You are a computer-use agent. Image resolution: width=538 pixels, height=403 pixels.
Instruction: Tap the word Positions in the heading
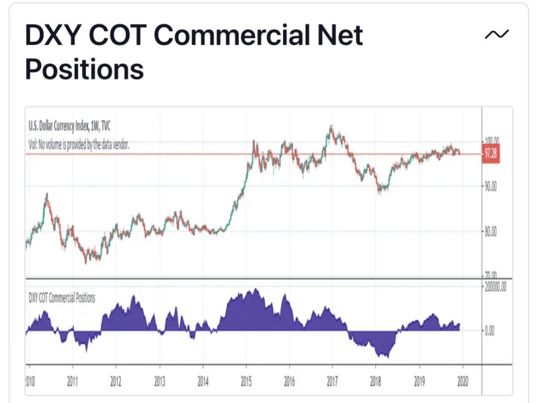[85, 69]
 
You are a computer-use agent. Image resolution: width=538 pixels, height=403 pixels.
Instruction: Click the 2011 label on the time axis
[72, 381]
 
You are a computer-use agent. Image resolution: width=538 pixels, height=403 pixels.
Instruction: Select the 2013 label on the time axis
[159, 381]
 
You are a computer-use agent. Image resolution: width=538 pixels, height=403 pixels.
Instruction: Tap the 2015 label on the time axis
[246, 381]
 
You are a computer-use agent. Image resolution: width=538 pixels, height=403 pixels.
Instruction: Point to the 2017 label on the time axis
[332, 381]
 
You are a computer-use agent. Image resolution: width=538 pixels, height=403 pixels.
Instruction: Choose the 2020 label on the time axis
[462, 381]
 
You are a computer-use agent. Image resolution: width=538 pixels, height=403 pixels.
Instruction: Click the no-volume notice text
[79, 145]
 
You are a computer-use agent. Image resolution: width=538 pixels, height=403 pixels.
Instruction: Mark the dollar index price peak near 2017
[331, 126]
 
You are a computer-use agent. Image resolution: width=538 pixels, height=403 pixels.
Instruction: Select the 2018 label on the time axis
[375, 381]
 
